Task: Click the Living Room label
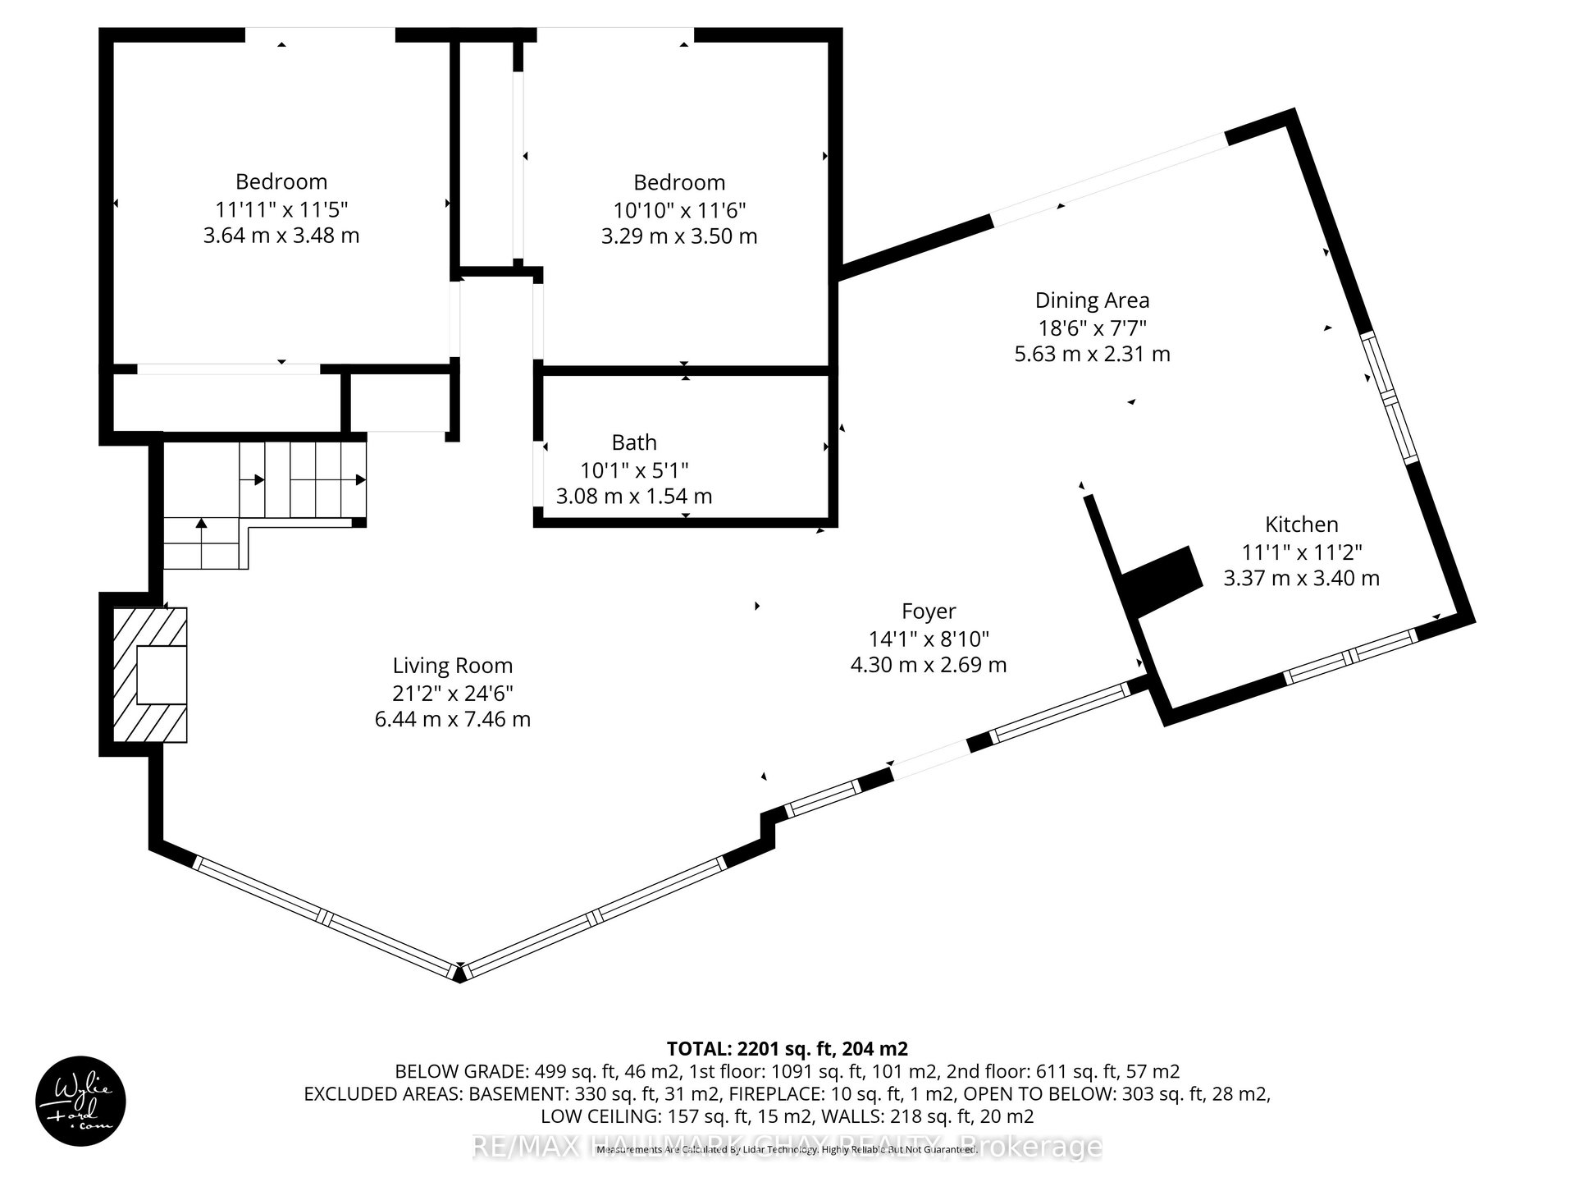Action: click(x=452, y=666)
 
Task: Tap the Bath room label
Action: click(x=634, y=442)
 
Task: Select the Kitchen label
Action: click(x=1301, y=525)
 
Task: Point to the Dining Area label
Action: click(x=1092, y=300)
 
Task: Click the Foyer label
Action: click(x=929, y=612)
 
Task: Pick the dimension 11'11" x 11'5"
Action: click(x=281, y=209)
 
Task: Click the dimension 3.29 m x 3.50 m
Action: click(x=679, y=236)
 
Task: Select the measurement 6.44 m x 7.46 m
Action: click(x=452, y=720)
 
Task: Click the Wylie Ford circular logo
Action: click(x=80, y=1100)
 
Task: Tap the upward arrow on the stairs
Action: click(x=201, y=523)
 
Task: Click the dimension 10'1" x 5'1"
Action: click(x=634, y=470)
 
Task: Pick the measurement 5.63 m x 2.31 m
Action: click(x=1092, y=355)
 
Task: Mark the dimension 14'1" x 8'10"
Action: click(x=929, y=639)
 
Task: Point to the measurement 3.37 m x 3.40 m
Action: click(x=1301, y=579)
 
